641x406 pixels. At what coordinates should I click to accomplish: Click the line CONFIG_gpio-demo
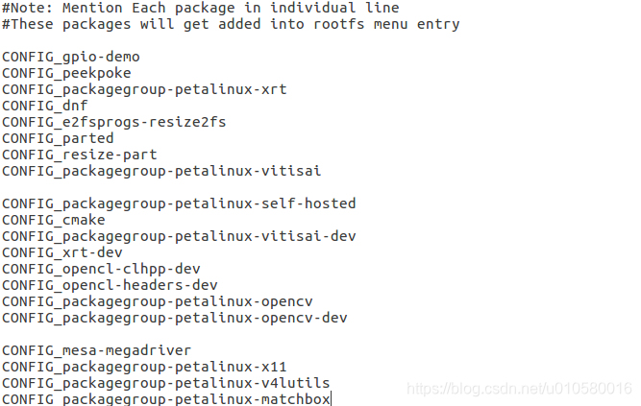(x=70, y=57)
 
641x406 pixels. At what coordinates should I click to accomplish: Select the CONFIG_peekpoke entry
(x=66, y=73)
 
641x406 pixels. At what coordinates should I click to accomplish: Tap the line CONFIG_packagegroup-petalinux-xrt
(x=144, y=89)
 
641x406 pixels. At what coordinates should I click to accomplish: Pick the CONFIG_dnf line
(x=46, y=106)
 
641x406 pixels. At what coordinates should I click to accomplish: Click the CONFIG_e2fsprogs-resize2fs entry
(x=114, y=122)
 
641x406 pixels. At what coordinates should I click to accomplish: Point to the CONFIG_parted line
(x=58, y=138)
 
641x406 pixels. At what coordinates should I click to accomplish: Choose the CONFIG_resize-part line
(x=79, y=155)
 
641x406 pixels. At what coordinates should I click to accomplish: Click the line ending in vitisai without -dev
(x=161, y=171)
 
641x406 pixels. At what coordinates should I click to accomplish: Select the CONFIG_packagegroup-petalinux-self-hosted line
(x=179, y=203)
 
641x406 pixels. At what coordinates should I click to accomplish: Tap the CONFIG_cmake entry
(x=54, y=220)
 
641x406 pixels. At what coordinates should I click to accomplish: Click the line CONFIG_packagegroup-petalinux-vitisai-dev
(x=179, y=236)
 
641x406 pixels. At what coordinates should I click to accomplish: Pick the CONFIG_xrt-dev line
(x=62, y=252)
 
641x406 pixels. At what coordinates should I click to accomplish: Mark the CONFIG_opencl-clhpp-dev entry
(x=101, y=269)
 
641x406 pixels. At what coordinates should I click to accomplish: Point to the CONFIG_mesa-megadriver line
(x=96, y=350)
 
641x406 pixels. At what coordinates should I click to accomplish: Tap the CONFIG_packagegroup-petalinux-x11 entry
(x=144, y=367)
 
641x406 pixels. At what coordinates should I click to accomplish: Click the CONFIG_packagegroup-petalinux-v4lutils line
(x=165, y=383)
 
